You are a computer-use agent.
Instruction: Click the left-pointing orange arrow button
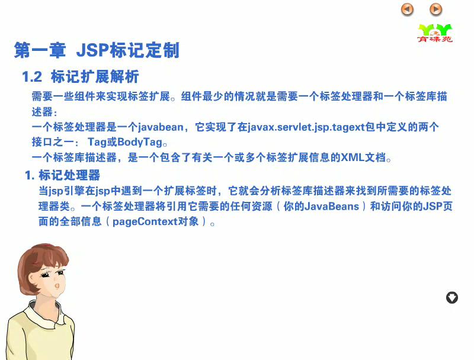(407, 9)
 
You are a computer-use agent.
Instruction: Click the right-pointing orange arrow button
(435, 9)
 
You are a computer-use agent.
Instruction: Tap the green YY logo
(435, 33)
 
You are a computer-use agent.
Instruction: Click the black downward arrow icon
(452, 297)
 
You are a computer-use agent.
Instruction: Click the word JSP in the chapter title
(93, 50)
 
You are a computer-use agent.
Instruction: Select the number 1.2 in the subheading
(32, 76)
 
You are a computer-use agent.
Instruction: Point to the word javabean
(161, 127)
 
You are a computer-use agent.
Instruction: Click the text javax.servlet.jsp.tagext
(306, 127)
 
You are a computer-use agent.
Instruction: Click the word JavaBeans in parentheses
(332, 206)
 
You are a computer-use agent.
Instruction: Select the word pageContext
(145, 222)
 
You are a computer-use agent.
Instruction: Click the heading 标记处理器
(69, 175)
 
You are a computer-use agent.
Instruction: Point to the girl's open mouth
(56, 286)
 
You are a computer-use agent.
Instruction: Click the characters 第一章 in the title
(40, 50)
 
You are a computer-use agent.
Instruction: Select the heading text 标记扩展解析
(95, 76)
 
